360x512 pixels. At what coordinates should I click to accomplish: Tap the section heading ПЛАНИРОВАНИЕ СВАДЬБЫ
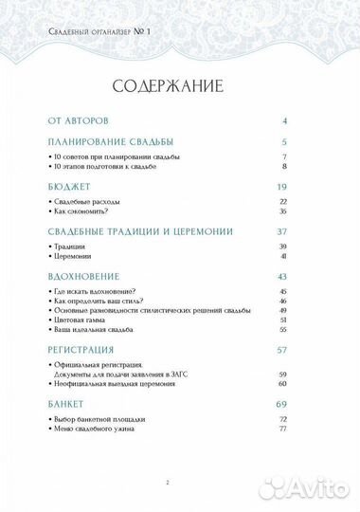pyautogui.click(x=110, y=142)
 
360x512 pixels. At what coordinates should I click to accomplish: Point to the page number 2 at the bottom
pyautogui.click(x=167, y=484)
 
